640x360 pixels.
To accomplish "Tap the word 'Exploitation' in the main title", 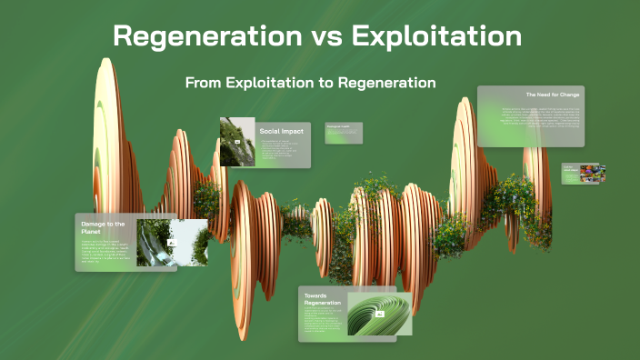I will [436, 36].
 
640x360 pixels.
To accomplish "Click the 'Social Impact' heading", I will [281, 131].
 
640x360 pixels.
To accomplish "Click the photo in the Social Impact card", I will [237, 141].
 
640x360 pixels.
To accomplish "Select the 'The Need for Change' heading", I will [553, 95].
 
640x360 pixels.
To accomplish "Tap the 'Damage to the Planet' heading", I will [102, 227].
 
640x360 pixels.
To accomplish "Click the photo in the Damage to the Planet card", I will [171, 242].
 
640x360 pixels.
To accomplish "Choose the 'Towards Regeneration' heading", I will [322, 299].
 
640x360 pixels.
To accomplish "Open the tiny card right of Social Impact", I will [344, 133].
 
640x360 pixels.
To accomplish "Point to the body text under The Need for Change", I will [541, 119].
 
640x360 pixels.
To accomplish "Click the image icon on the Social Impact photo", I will [237, 143].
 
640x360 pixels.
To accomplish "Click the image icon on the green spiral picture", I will [380, 314].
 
